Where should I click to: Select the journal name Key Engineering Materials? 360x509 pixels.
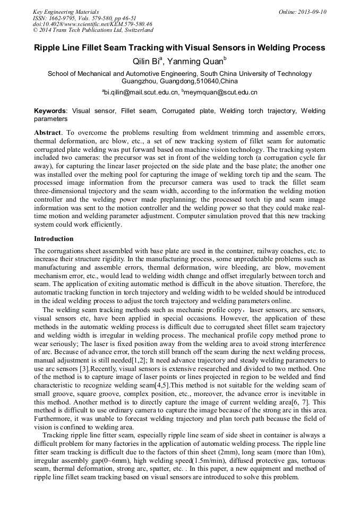65,12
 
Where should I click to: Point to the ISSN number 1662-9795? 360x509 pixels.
62,18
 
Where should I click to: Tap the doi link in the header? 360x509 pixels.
92,24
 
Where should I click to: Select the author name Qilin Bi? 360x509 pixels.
147,61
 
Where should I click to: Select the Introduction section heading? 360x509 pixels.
54,239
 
